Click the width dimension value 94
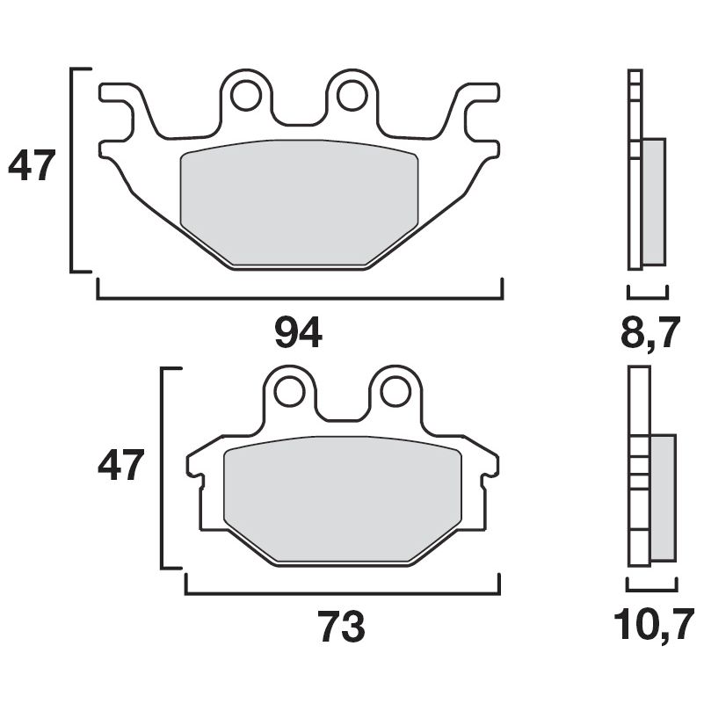tap(299, 333)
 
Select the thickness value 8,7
tap(650, 333)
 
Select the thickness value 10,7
tap(650, 628)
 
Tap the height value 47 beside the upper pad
tap(33, 166)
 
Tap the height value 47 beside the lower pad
tap(120, 466)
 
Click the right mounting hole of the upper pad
tap(352, 95)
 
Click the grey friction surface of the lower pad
tap(343, 501)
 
